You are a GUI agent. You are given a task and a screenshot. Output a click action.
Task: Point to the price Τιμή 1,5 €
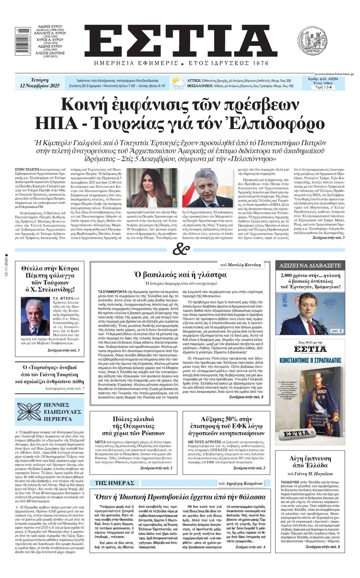pyautogui.click(x=323, y=87)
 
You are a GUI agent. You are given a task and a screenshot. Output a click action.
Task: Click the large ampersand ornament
pyautogui.click(x=181, y=250)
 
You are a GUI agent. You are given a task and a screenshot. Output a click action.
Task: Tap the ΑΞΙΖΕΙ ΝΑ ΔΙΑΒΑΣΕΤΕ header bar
pyautogui.click(x=310, y=265)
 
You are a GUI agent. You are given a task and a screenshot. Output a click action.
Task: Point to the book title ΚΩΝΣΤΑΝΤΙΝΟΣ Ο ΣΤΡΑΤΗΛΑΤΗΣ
pyautogui.click(x=310, y=359)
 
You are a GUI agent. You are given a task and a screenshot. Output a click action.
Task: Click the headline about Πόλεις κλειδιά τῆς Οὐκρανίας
pyautogui.click(x=133, y=426)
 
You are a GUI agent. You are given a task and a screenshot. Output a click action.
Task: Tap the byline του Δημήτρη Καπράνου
pyautogui.click(x=241, y=483)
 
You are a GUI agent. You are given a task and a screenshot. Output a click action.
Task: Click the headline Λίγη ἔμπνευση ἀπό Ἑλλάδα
pyautogui.click(x=310, y=462)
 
